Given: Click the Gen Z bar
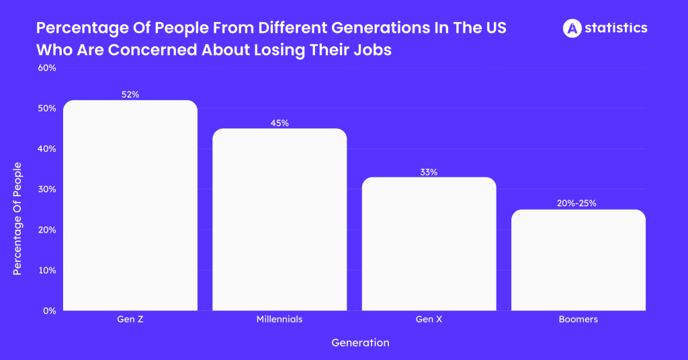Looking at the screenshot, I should point(130,206).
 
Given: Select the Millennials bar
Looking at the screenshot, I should point(279,220).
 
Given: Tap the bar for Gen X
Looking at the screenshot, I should point(429,244).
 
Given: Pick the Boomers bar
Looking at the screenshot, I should point(578,260).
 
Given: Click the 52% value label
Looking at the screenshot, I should point(130,95).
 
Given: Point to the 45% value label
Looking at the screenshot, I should point(279,123).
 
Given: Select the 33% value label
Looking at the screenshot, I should point(429,172).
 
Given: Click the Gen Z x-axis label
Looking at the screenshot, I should point(130,320).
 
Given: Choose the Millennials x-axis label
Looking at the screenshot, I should point(279,320).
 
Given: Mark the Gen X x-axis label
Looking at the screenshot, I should point(429,320).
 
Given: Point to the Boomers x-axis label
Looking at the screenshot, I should point(578,320).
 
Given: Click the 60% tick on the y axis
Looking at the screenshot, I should point(46,68).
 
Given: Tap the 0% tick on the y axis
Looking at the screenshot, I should point(49,311).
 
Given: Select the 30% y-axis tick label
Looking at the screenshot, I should point(46,189).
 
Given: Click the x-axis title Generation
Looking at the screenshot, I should point(360,343).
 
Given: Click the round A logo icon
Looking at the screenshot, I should point(572,28).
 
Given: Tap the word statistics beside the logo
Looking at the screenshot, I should point(615,28).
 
